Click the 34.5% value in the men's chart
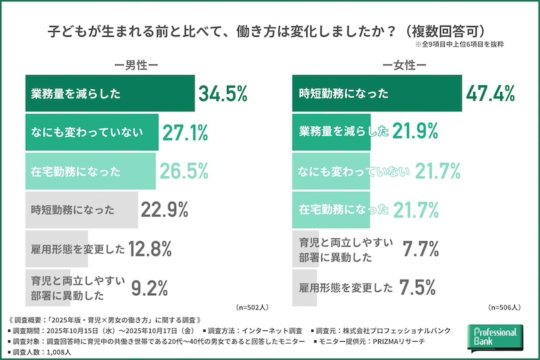222,94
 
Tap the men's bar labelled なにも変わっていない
91,132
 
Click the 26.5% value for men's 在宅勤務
184,171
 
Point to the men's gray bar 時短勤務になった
81,210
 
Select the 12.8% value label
152,249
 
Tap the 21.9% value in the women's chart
416,132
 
